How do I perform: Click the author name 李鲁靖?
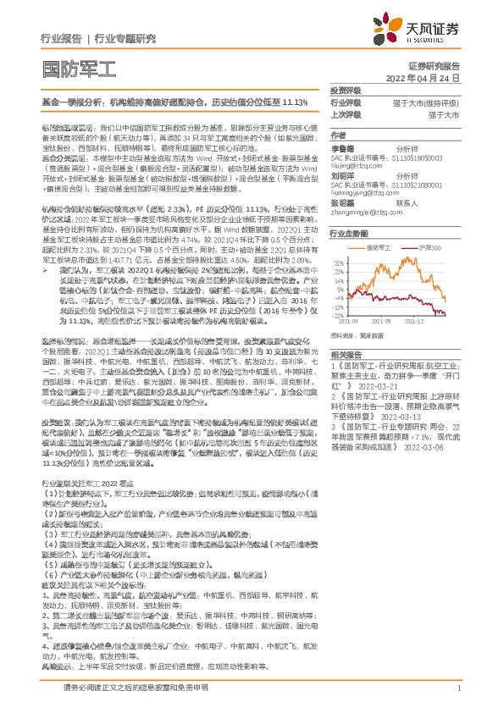click(342, 146)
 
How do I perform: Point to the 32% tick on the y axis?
click(337, 263)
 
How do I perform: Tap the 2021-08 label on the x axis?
click(392, 321)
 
